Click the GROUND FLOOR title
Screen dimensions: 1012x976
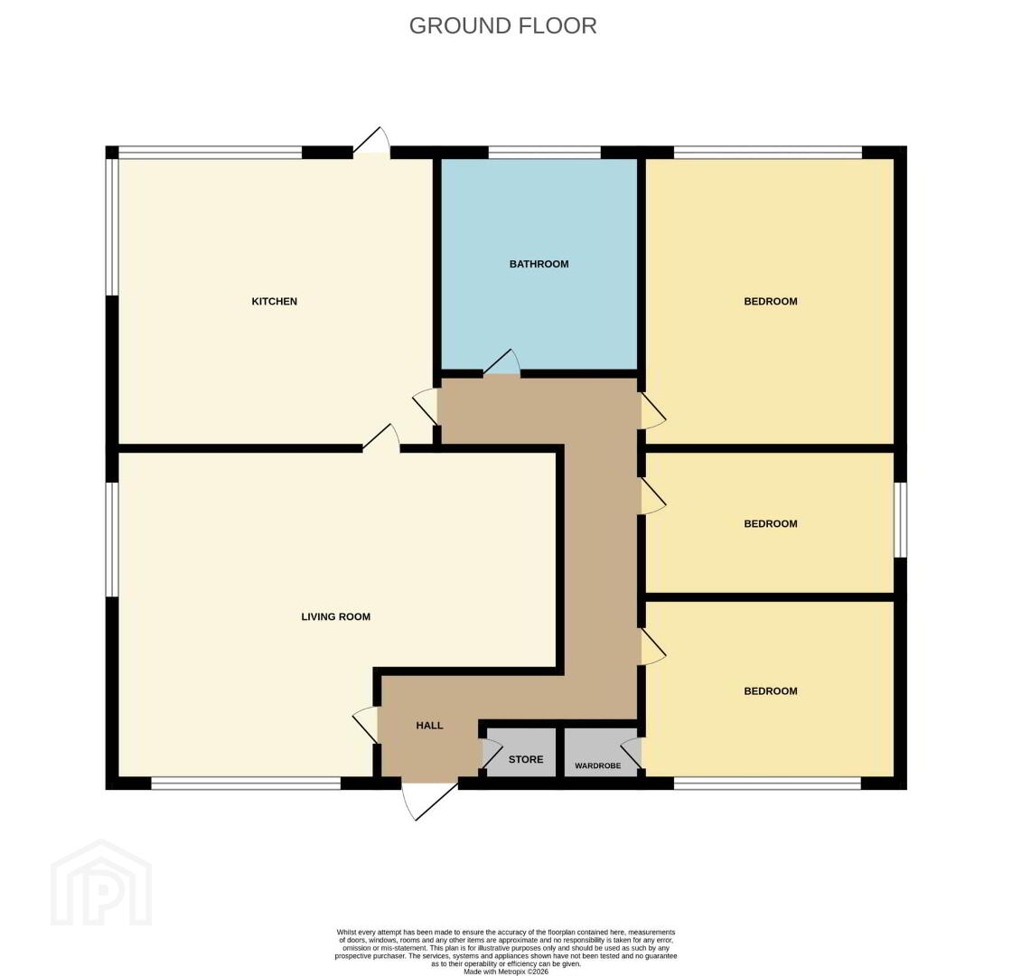(502, 26)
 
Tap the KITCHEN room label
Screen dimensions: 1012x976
(275, 302)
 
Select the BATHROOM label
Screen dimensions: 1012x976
(539, 264)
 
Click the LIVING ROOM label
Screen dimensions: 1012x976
(335, 617)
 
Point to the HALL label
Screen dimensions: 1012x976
(429, 726)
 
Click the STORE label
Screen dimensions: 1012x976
(526, 760)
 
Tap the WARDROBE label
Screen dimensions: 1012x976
(597, 765)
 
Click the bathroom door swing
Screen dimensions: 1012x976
(502, 362)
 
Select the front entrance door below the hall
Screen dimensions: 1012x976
(430, 801)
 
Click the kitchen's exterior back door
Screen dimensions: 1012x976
(371, 140)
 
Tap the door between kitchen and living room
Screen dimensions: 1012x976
(381, 437)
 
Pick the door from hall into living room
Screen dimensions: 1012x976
(365, 725)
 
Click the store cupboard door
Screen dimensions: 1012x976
(492, 754)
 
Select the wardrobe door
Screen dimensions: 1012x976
(632, 754)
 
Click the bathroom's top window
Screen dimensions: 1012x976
(544, 153)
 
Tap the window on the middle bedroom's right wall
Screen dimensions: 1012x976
(900, 520)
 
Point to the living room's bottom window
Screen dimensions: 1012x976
(246, 783)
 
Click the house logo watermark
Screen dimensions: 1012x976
(101, 882)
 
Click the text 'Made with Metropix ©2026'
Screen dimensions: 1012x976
(506, 971)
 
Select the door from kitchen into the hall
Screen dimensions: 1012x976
(426, 406)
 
